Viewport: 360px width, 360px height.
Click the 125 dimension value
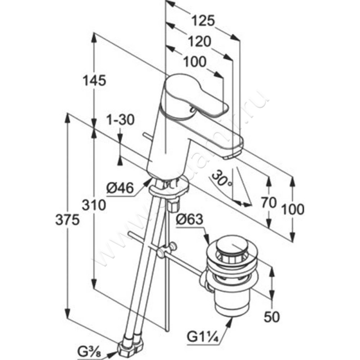coord(203,21)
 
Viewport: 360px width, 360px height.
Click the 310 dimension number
coord(94,205)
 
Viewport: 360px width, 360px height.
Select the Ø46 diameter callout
coord(121,187)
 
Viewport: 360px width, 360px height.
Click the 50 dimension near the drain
coord(271,316)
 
